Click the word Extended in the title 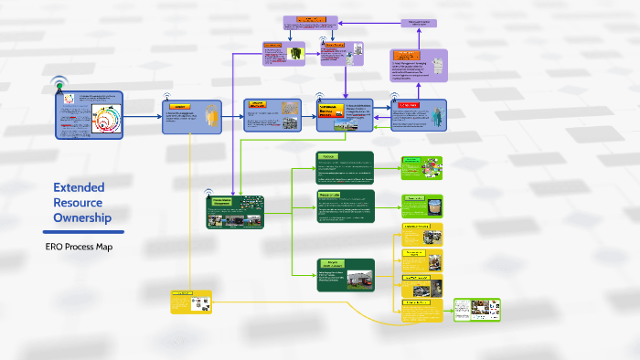click(x=79, y=187)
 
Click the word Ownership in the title click(x=82, y=217)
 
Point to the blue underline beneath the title click(x=82, y=232)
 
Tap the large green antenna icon click(x=59, y=85)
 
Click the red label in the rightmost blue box click(x=409, y=106)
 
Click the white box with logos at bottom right click(x=476, y=311)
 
